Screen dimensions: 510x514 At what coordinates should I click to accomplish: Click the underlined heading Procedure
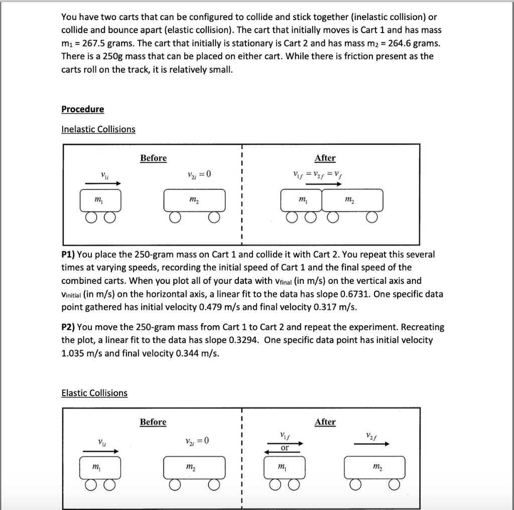[x=82, y=109]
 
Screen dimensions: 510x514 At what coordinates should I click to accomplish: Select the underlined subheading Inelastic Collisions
[x=98, y=129]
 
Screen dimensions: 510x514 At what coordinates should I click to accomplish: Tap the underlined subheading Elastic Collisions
[x=94, y=393]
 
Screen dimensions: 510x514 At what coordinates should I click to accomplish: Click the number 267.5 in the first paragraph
[x=93, y=43]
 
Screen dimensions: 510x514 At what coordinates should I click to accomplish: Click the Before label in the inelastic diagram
[x=153, y=158]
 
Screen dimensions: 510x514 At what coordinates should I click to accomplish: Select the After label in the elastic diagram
[x=325, y=422]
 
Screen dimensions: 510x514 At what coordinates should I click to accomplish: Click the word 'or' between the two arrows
[x=285, y=447]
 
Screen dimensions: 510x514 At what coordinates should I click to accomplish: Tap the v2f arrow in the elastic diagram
[x=370, y=443]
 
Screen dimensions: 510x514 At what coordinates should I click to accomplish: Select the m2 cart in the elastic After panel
[x=374, y=468]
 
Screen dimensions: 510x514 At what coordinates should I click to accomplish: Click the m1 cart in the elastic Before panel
[x=100, y=468]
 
